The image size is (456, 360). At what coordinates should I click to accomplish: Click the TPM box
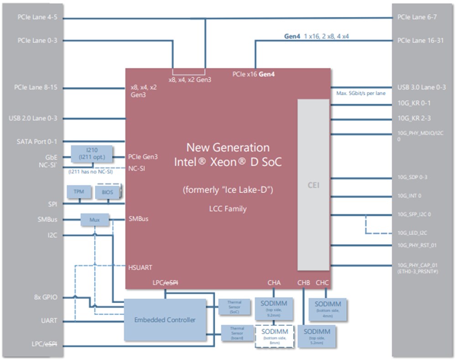point(79,192)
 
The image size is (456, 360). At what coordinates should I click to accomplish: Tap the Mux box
point(95,220)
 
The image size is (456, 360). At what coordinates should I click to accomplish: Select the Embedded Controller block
point(165,319)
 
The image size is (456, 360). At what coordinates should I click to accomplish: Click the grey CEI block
point(313,185)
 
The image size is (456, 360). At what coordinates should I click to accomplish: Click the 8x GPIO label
point(45,297)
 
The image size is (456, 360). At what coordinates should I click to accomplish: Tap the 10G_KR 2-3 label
point(414,118)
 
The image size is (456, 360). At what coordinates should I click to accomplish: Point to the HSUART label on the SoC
point(140,267)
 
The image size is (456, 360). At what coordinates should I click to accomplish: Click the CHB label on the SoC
point(304,283)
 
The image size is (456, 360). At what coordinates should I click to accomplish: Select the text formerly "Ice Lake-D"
point(228,190)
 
